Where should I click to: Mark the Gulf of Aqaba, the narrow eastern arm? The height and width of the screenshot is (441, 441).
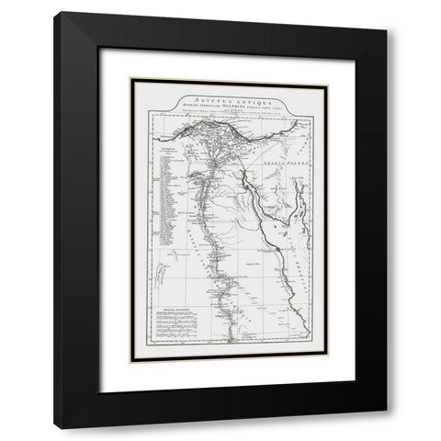(x=297, y=188)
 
